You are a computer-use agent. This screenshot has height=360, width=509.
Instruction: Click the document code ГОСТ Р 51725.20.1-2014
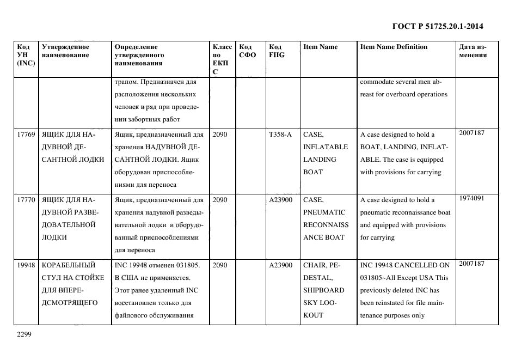coord(438,26)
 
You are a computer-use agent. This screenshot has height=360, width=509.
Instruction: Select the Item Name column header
coord(320,47)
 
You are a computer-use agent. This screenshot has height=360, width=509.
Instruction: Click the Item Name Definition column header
coord(394,47)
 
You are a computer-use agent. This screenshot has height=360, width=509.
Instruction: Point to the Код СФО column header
coord(248,51)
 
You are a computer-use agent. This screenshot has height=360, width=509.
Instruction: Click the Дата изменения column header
coord(473,51)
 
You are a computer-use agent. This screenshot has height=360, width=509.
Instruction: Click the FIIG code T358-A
coord(280,135)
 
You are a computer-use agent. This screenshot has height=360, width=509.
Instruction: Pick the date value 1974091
coord(471,198)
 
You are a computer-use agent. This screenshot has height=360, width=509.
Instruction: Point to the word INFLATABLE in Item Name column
coord(326,147)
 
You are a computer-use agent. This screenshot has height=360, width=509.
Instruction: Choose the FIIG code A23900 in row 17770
coord(281,200)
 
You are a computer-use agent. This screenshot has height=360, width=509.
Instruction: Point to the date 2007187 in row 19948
coord(471,264)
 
